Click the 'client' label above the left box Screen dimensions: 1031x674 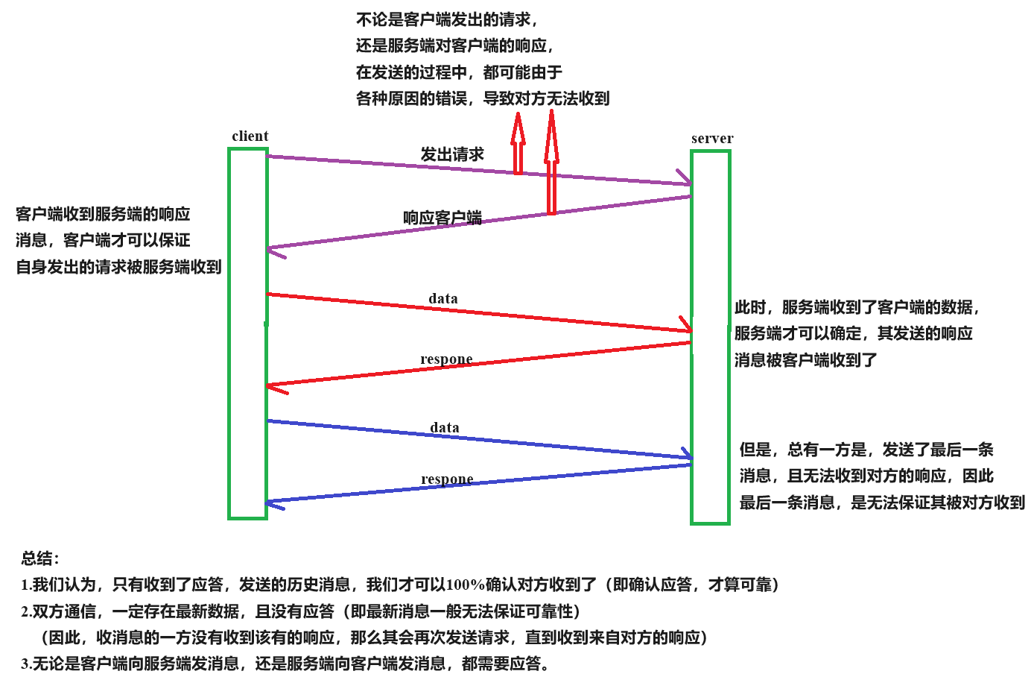pos(250,136)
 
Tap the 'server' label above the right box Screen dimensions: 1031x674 pos(711,139)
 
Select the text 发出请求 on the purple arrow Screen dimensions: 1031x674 pos(452,154)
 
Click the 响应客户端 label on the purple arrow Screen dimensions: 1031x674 pos(442,218)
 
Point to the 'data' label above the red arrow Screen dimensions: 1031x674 pos(443,299)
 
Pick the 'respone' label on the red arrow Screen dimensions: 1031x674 pos(446,359)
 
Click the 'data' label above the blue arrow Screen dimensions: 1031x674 pos(445,428)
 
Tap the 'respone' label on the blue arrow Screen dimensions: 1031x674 pos(447,479)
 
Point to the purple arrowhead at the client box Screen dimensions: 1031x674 pos(275,251)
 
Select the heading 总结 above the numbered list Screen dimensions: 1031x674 pos(39,558)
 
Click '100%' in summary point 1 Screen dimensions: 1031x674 pos(465,585)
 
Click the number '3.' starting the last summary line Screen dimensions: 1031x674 pos(26,664)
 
